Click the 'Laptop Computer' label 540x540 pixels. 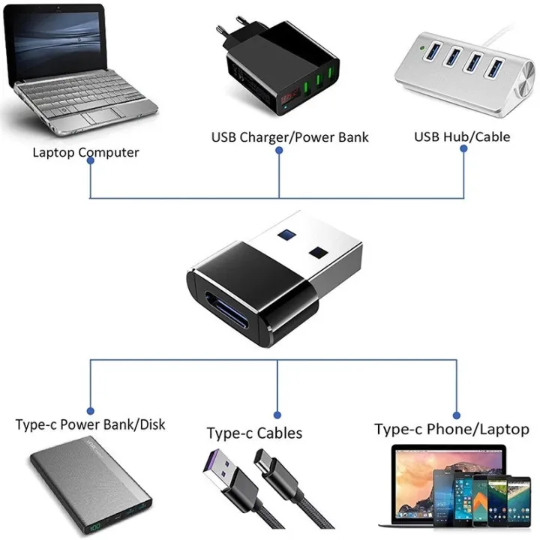(85, 152)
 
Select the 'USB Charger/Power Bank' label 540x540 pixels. (289, 137)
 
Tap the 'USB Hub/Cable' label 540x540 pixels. (462, 136)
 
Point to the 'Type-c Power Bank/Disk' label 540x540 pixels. (90, 424)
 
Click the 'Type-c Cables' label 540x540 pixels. (254, 433)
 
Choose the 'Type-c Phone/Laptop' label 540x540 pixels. (451, 429)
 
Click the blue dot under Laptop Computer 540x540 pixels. (90, 163)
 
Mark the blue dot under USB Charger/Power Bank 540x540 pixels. (279, 150)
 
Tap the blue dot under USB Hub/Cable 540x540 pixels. (463, 149)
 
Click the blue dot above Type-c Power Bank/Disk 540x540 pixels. (90, 409)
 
